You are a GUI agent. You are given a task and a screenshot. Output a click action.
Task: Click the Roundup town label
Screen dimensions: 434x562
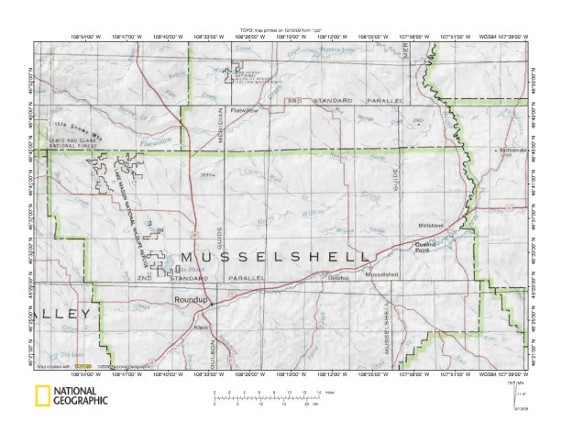tap(186, 300)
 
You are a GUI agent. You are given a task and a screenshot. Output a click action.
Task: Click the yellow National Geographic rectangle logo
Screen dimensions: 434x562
tap(42, 396)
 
